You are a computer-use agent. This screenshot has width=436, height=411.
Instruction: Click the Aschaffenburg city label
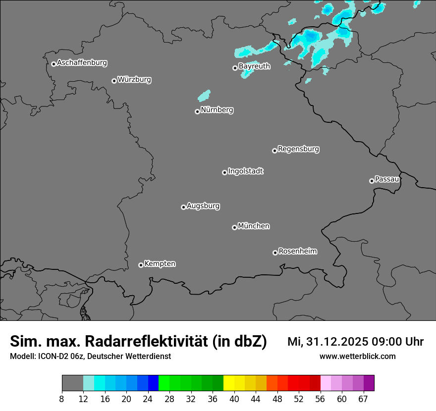click(x=82, y=63)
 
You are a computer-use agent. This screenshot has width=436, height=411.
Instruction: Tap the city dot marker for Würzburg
click(x=114, y=81)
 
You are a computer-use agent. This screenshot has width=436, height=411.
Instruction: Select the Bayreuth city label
click(x=254, y=66)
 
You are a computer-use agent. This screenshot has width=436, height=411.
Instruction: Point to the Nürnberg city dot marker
click(x=197, y=111)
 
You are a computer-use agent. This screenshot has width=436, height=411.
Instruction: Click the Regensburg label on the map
click(x=298, y=149)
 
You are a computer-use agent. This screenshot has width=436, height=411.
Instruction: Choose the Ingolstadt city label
click(x=245, y=171)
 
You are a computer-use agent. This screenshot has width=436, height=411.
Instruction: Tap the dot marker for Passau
click(x=372, y=181)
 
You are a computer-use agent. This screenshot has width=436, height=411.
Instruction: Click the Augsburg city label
click(x=203, y=206)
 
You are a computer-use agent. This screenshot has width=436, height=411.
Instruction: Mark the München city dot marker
click(x=234, y=227)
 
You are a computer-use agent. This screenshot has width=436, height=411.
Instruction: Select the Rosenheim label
click(x=297, y=251)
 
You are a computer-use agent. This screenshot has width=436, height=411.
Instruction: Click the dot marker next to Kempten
click(x=141, y=265)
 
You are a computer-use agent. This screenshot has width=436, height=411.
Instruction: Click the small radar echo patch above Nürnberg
click(x=204, y=95)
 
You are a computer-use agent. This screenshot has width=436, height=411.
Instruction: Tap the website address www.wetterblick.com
click(x=357, y=356)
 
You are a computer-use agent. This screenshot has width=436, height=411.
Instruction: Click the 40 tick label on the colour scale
click(x=234, y=399)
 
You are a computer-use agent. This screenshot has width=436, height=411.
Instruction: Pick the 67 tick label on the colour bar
click(x=363, y=399)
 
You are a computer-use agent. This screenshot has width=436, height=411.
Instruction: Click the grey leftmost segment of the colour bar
click(x=72, y=383)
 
